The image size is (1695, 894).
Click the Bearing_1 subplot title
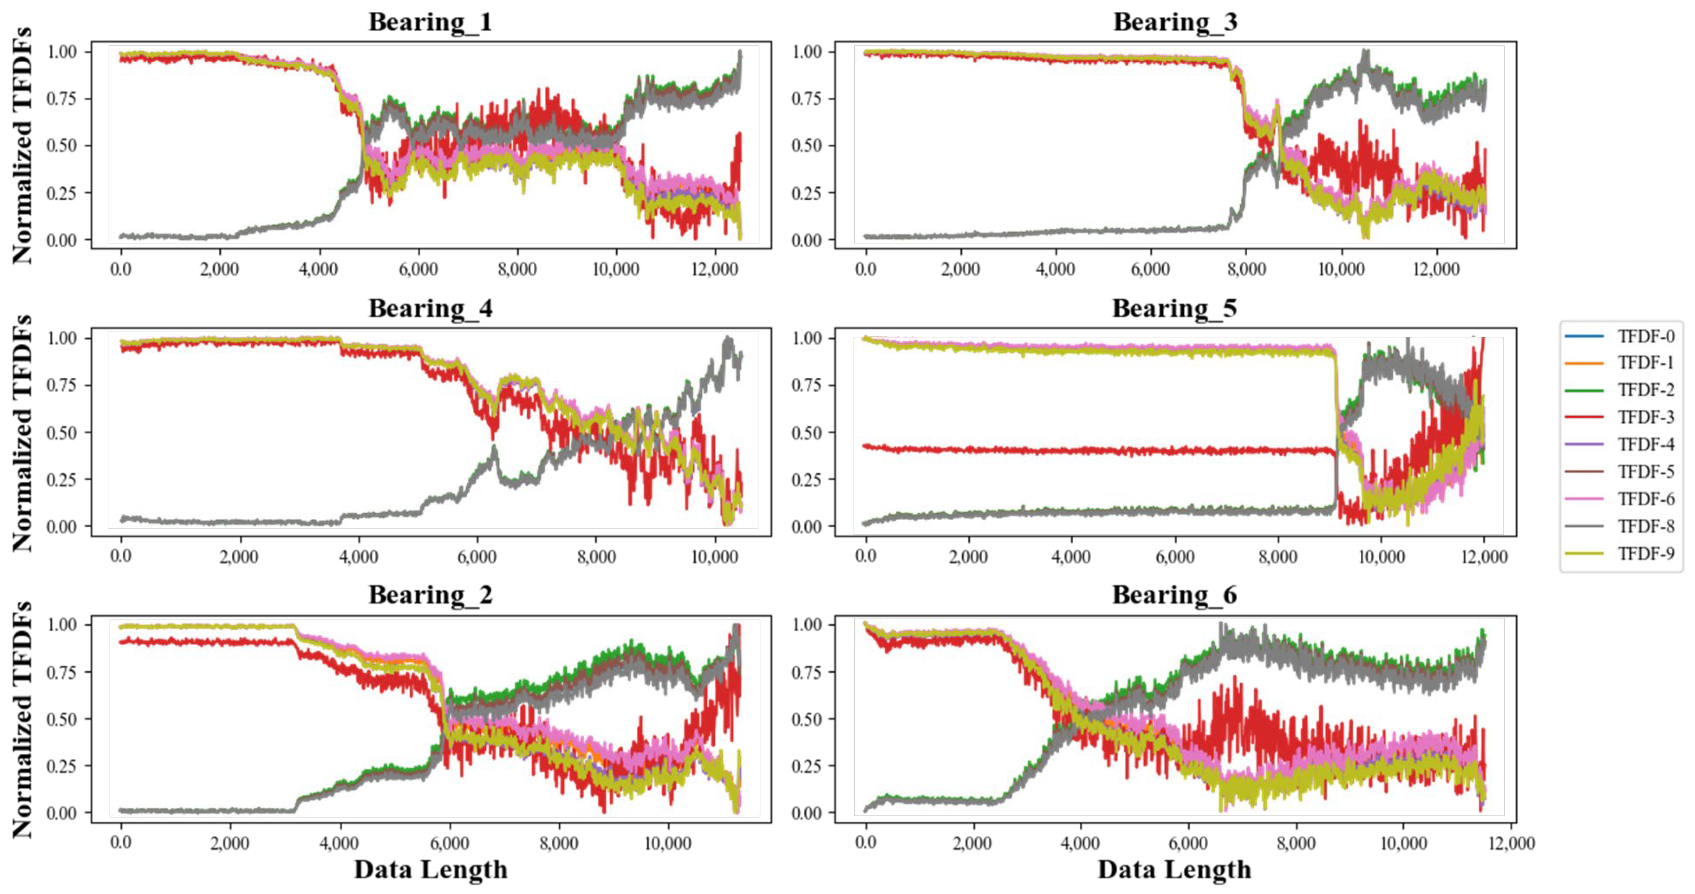click(x=431, y=22)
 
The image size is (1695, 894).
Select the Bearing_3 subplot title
click(x=1175, y=22)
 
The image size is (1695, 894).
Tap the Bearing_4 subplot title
click(x=431, y=308)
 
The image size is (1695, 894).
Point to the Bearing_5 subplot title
click(x=1175, y=308)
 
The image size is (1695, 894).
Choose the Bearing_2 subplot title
click(x=431, y=595)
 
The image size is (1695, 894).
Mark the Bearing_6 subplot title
click(x=1175, y=595)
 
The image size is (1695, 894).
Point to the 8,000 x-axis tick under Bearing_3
click(x=1246, y=269)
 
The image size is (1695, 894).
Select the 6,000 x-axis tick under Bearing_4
click(x=476, y=556)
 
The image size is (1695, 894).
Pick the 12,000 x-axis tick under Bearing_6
click(x=1511, y=843)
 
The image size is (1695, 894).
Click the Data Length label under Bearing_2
click(x=431, y=870)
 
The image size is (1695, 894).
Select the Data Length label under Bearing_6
click(x=1175, y=870)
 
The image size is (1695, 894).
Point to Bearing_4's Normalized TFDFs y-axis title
click(x=22, y=433)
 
